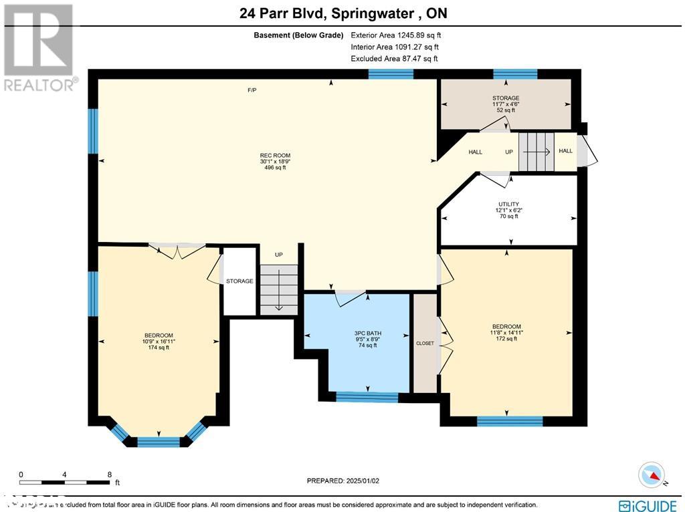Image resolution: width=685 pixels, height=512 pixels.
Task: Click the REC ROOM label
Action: coord(275,155)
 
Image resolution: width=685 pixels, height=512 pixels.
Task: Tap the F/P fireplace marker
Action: coord(252,90)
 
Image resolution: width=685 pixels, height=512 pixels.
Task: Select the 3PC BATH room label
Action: coord(367,332)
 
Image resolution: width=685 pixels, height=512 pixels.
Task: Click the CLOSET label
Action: coord(425,344)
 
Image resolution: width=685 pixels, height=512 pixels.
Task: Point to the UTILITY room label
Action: coord(508,205)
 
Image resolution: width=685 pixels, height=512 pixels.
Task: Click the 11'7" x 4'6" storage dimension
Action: coord(506,104)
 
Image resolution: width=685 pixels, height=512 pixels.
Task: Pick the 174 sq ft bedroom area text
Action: coord(159,348)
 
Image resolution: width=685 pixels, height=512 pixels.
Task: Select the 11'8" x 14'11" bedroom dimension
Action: coord(506,332)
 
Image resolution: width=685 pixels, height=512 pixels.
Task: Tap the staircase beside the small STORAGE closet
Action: coord(278,289)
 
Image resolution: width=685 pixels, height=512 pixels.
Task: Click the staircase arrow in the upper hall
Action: coord(536,152)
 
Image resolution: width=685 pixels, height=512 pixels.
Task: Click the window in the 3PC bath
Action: coord(367,398)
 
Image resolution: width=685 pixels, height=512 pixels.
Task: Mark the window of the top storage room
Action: coord(515,74)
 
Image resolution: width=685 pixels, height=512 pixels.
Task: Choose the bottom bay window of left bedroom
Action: coord(159,442)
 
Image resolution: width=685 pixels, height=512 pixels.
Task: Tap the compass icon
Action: coord(653,475)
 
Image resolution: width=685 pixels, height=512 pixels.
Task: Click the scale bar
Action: coord(65,481)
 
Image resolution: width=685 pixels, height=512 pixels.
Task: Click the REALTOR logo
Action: coord(40,47)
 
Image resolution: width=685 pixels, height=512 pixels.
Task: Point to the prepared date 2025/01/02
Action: coord(347,481)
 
